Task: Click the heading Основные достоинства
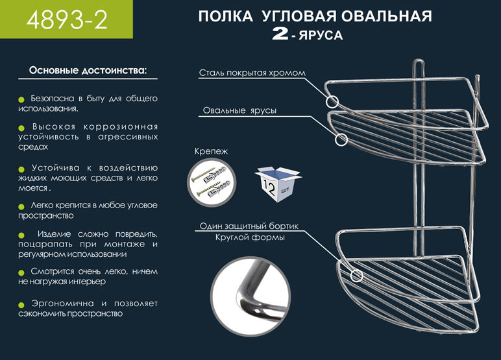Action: coord(88,69)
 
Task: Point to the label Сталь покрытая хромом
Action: coord(252,73)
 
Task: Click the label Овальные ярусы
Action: coord(239,110)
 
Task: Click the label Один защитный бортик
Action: coord(249,226)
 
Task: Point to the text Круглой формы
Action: coord(250,237)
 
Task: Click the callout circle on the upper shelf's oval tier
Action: coord(341,139)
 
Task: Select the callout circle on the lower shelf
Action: coord(356,276)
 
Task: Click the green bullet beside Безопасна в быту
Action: coord(21,99)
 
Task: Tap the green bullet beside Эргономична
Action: coord(21,304)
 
